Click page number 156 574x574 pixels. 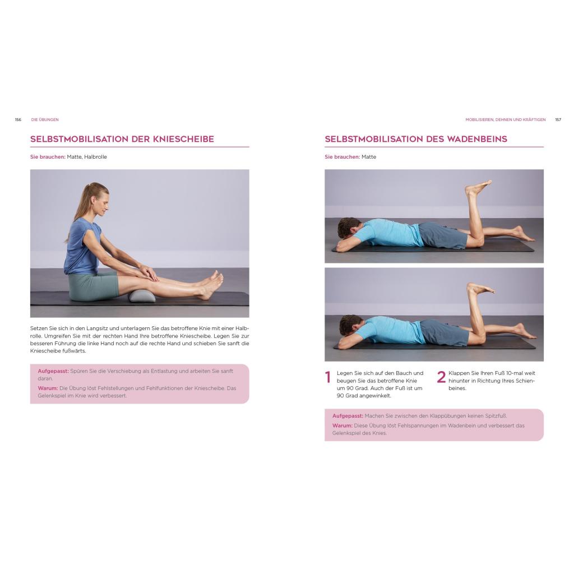[x=18, y=120]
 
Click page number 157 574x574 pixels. [x=558, y=120]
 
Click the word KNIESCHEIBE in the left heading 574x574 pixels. [x=183, y=139]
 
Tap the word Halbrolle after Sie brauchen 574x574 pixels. [x=95, y=157]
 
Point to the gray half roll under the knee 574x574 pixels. [x=142, y=295]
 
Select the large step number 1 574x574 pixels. [x=328, y=377]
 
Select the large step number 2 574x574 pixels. [x=441, y=377]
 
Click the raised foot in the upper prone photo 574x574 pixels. [x=478, y=187]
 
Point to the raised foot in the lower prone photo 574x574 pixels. [x=480, y=289]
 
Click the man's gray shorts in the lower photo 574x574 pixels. [x=444, y=332]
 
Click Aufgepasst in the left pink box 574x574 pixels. [x=53, y=371]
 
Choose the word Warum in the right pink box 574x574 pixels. [x=342, y=425]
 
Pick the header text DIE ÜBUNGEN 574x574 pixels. [x=45, y=120]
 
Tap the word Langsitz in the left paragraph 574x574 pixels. [x=97, y=328]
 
